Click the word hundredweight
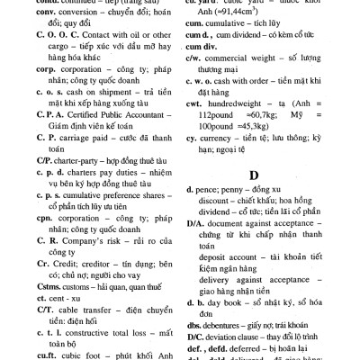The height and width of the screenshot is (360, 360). coord(248,104)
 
